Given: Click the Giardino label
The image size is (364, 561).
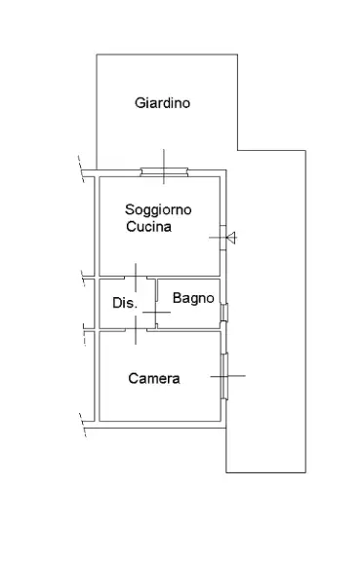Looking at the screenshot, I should pos(162,103).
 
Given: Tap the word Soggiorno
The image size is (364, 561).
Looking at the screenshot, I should pos(158,209).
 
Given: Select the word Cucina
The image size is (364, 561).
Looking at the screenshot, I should pos(148,227).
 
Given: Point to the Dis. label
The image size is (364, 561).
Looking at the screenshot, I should pos(124,303).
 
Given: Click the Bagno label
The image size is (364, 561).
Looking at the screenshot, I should pos(193,299).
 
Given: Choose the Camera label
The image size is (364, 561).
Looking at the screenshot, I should pos(154,379).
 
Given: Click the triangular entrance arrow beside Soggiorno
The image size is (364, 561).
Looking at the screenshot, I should pos(229,236).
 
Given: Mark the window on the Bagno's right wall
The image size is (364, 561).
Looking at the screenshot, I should pos(224,313).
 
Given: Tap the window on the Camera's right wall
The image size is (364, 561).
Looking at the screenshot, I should pos(224,375).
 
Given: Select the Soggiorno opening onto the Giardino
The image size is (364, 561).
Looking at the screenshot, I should pos(163,173).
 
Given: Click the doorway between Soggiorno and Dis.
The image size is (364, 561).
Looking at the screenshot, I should pos(137,278).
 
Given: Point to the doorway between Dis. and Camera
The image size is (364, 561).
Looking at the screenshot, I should pos(137,330).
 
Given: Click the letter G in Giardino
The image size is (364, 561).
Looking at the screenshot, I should pos(139,103).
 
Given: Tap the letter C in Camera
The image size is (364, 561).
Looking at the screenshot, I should pos(134,379).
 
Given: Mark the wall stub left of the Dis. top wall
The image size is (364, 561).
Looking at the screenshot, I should pos(88,279).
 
